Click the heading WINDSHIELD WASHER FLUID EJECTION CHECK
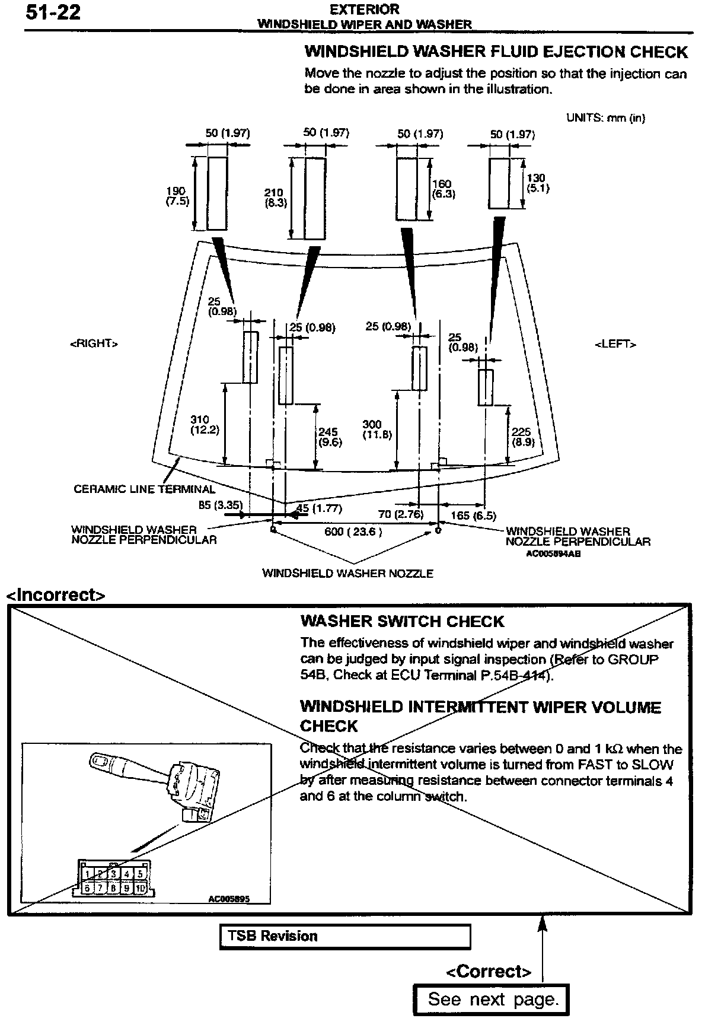496,52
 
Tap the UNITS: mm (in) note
605,117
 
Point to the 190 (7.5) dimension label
177,196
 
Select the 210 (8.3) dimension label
275,198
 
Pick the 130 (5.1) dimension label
538,183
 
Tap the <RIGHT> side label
94,343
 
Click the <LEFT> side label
615,343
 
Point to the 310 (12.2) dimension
205,425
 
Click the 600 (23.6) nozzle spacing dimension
353,532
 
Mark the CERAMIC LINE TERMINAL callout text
144,489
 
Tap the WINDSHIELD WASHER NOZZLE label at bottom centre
347,574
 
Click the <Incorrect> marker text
56,594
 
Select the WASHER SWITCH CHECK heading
402,622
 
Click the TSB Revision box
345,937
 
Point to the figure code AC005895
228,899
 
